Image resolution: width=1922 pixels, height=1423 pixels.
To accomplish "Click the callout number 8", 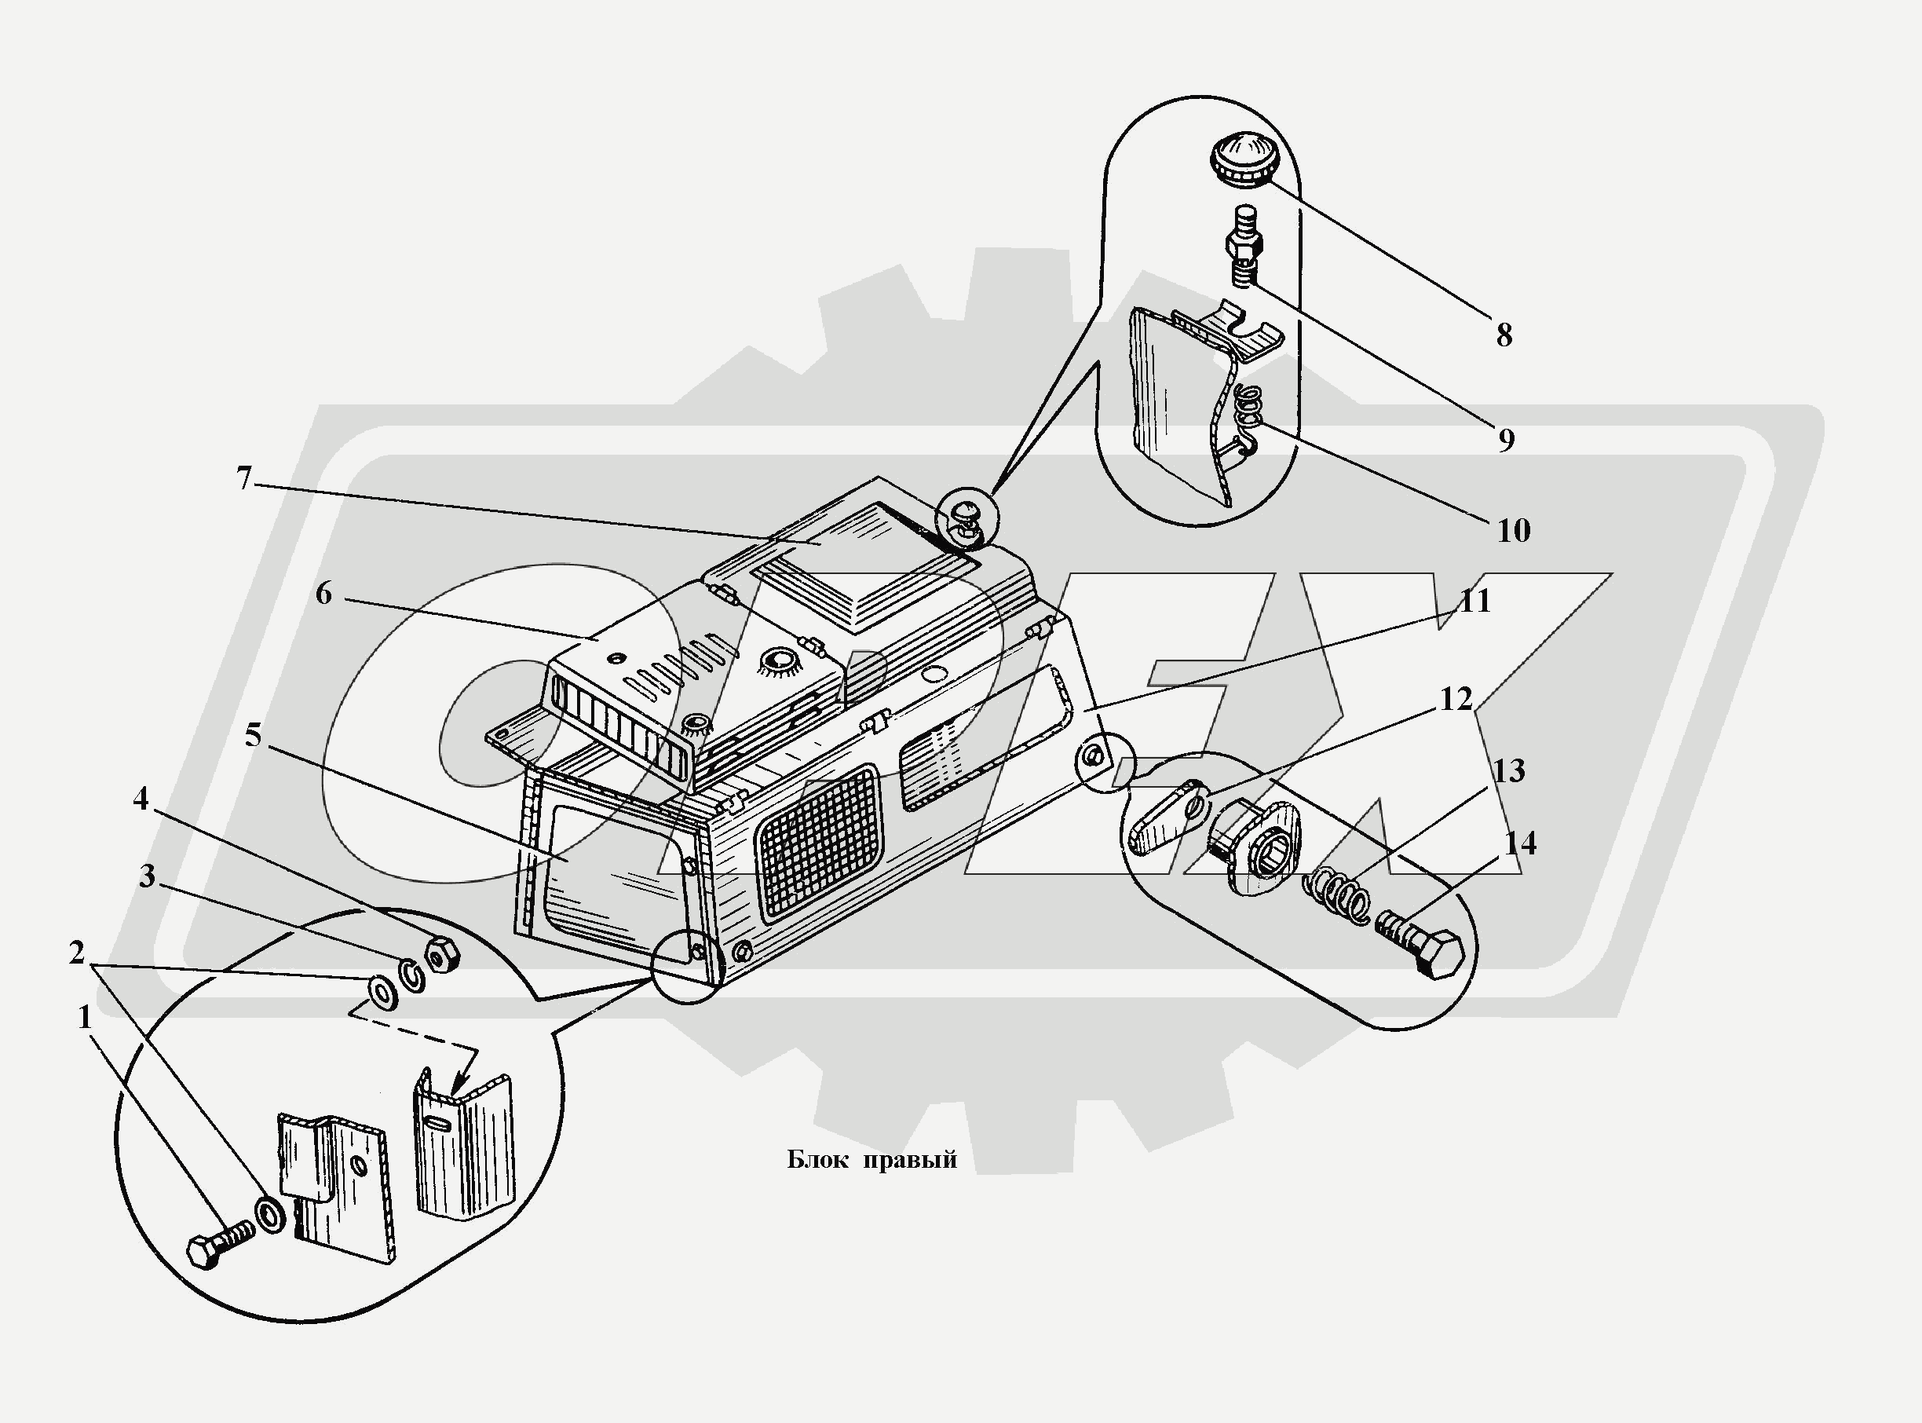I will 1504,335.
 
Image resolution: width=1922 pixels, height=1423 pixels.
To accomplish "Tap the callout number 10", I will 1513,531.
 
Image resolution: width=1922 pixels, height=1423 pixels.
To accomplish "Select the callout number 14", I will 1520,843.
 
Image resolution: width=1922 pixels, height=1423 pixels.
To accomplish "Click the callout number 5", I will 252,735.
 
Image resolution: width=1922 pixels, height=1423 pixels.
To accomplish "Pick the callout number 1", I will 84,1018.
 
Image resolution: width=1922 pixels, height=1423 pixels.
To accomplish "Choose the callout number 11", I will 1475,602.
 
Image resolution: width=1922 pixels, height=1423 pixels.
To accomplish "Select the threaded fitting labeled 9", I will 1241,247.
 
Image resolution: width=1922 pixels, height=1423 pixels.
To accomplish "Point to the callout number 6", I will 323,594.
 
